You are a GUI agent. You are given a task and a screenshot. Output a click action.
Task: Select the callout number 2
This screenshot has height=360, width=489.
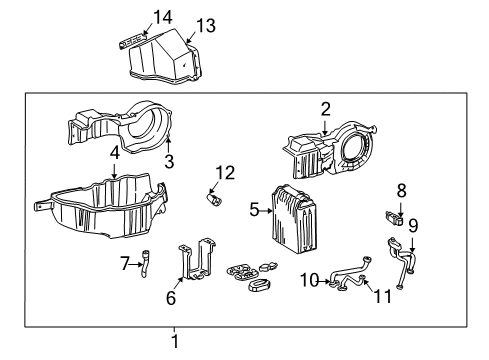pyautogui.click(x=326, y=109)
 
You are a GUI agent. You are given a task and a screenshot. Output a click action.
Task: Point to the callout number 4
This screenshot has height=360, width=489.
pyautogui.click(x=115, y=155)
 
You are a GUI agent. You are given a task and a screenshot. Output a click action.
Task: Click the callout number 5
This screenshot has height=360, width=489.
pyautogui.click(x=253, y=211)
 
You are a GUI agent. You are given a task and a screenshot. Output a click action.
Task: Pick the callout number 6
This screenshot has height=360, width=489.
pyautogui.click(x=170, y=297)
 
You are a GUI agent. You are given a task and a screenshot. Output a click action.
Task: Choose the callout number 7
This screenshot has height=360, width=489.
pyautogui.click(x=124, y=264)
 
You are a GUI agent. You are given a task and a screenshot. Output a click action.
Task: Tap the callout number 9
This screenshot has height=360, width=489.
pyautogui.click(x=412, y=226)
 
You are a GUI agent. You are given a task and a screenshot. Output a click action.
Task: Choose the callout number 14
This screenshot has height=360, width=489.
pyautogui.click(x=162, y=15)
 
